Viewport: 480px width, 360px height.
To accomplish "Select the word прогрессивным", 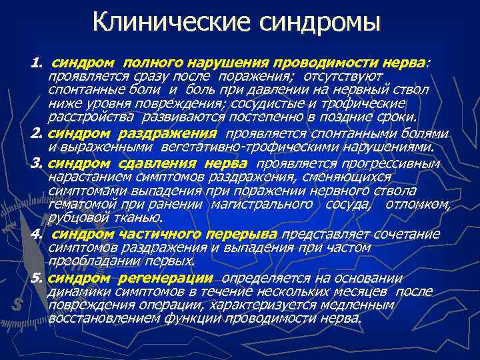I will [394, 163].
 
